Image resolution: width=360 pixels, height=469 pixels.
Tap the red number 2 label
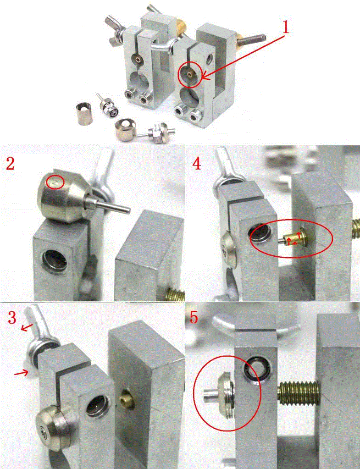10,164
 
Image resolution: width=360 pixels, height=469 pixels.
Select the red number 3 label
12,318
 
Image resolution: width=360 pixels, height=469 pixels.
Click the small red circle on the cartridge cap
55,182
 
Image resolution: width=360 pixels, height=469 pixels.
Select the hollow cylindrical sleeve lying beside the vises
84,113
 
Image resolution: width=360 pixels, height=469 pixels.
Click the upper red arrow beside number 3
27,328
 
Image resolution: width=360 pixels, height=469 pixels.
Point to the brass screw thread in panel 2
175,294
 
